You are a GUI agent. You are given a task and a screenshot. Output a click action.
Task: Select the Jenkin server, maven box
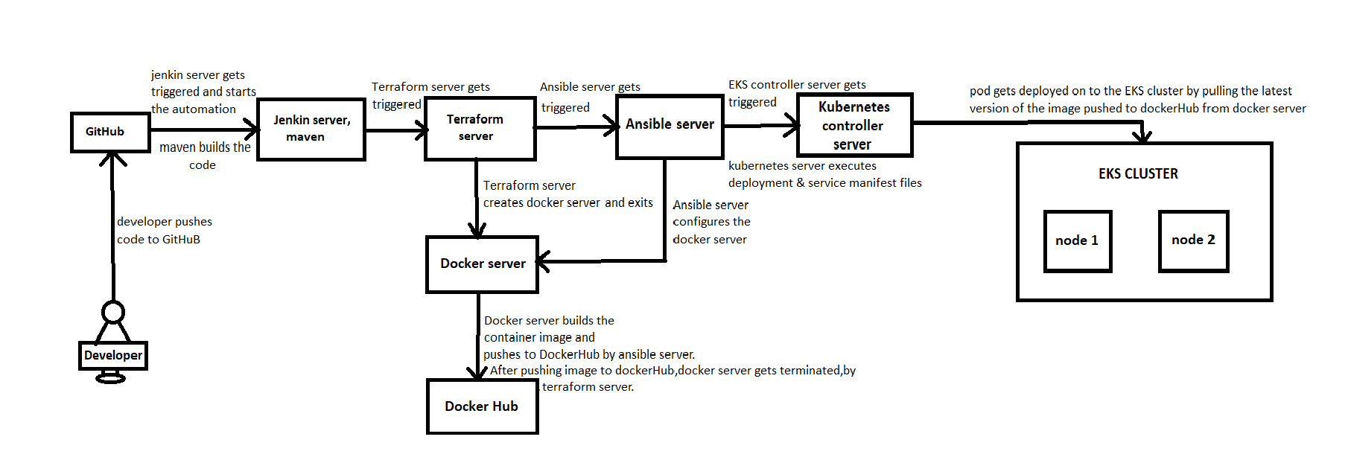(311, 129)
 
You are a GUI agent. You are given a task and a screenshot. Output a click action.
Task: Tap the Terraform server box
(480, 128)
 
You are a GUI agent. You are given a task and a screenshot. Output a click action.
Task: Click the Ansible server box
(670, 125)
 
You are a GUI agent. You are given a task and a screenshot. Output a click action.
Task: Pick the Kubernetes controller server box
(854, 125)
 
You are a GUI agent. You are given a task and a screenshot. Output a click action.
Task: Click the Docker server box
(482, 264)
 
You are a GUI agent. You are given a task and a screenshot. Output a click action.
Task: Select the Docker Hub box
(482, 406)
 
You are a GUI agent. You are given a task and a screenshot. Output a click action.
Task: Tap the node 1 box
(1077, 240)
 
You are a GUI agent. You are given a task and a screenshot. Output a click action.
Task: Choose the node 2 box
(1193, 240)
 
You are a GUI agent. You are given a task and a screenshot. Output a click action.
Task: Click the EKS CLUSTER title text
(1138, 174)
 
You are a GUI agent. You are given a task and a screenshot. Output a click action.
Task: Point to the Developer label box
(113, 356)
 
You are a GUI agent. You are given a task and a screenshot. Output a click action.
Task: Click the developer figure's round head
(113, 312)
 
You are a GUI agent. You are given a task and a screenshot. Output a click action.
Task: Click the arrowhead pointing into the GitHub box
(112, 157)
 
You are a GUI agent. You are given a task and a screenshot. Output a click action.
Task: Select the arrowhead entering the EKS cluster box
(1142, 137)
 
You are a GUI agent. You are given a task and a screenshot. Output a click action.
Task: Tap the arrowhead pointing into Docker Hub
(477, 372)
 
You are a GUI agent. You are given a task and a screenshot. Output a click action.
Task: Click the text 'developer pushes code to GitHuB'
(164, 231)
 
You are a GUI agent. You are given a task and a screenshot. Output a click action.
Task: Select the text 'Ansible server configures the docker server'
(711, 222)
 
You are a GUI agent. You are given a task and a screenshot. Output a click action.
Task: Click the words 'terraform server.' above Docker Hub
(588, 387)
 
